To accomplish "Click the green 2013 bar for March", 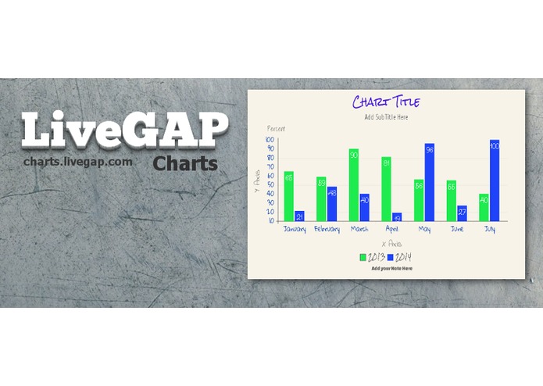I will pyautogui.click(x=354, y=185).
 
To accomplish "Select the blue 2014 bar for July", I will pyautogui.click(x=495, y=180).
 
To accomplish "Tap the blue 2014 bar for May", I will pyautogui.click(x=430, y=182).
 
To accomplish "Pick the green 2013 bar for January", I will pyautogui.click(x=289, y=196).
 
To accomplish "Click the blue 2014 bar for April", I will pyautogui.click(x=397, y=217).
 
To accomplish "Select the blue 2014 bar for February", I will pyautogui.click(x=332, y=204).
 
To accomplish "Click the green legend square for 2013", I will pyautogui.click(x=363, y=257).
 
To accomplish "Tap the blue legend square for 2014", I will pyautogui.click(x=391, y=257).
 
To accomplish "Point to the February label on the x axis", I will pyautogui.click(x=327, y=230).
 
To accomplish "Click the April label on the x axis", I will pyautogui.click(x=391, y=230).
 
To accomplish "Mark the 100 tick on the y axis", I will pyautogui.click(x=270, y=139).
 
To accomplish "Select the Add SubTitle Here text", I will pyautogui.click(x=386, y=117).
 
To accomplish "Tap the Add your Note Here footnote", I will pyautogui.click(x=391, y=269).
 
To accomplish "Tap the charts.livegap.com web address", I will pyautogui.click(x=77, y=162).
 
